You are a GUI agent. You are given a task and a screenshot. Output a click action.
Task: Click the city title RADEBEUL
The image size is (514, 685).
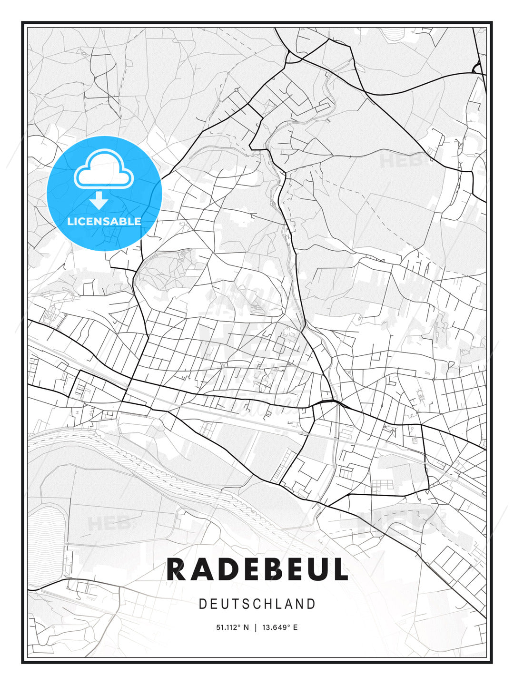click(257, 570)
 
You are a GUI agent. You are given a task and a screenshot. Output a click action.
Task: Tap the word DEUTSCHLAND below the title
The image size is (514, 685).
click(257, 604)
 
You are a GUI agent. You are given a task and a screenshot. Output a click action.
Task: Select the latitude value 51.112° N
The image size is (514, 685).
click(232, 627)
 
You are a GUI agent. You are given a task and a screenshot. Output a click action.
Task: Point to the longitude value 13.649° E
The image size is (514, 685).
click(280, 627)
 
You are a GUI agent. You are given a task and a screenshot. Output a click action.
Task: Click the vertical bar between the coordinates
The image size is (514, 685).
click(256, 627)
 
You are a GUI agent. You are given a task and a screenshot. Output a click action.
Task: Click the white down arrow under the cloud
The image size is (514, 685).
click(99, 201)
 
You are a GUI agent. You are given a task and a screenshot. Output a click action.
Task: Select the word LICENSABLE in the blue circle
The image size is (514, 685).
click(104, 221)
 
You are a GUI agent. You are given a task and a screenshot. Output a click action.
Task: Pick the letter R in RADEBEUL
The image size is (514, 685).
click(176, 570)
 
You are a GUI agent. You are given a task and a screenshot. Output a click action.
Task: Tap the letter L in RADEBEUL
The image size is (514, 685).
click(340, 570)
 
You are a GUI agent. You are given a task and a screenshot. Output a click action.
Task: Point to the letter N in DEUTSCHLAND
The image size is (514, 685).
click(300, 604)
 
